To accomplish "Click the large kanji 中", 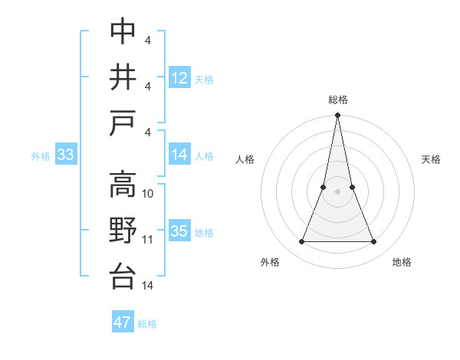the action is coord(123,31).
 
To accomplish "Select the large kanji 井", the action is coord(123,77).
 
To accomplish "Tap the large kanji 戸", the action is coord(123,122).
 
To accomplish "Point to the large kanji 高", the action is coord(123,185).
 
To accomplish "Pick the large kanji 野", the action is coord(123,231).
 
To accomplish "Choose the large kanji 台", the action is coord(123,276).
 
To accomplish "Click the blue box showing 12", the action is coord(179,77).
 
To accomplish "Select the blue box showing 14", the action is coord(179,155).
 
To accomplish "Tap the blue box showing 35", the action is coord(179,232).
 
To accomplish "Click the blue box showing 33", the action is coord(65,155).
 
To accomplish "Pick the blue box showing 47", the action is coord(123,322).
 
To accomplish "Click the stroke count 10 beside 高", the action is coord(149,194).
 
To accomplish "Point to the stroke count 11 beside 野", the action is coord(149,240).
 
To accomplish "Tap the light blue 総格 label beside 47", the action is coord(148,324).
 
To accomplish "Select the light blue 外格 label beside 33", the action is coord(41,156).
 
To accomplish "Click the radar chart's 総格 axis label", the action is coord(338,100).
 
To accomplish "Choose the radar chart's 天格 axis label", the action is coord(432,159).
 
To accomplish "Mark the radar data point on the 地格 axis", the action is coord(374,242).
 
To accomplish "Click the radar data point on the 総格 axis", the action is coord(338,116).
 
